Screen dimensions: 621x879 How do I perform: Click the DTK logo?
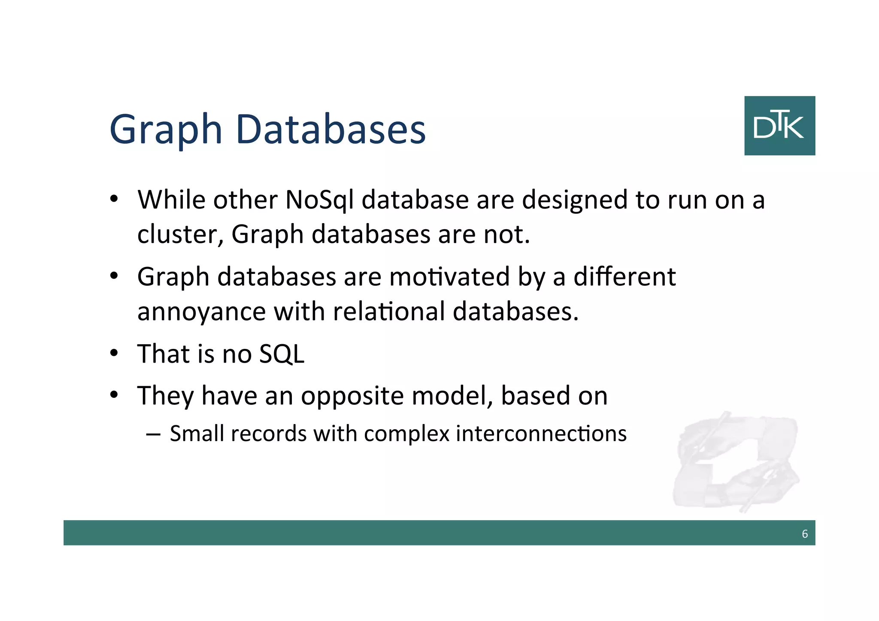tap(779, 126)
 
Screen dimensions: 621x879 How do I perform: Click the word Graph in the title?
tap(166, 130)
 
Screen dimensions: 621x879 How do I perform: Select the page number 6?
tap(805, 534)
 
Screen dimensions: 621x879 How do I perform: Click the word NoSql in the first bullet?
tap(319, 200)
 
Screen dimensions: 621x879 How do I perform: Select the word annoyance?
tap(201, 312)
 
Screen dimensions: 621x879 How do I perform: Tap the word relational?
tap(389, 311)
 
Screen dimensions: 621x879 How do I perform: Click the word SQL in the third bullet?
tap(282, 354)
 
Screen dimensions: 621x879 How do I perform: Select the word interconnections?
tap(541, 433)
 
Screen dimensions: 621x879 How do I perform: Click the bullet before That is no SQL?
tap(114, 354)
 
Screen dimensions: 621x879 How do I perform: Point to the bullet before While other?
tap(114, 200)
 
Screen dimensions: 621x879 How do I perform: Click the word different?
tap(624, 277)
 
